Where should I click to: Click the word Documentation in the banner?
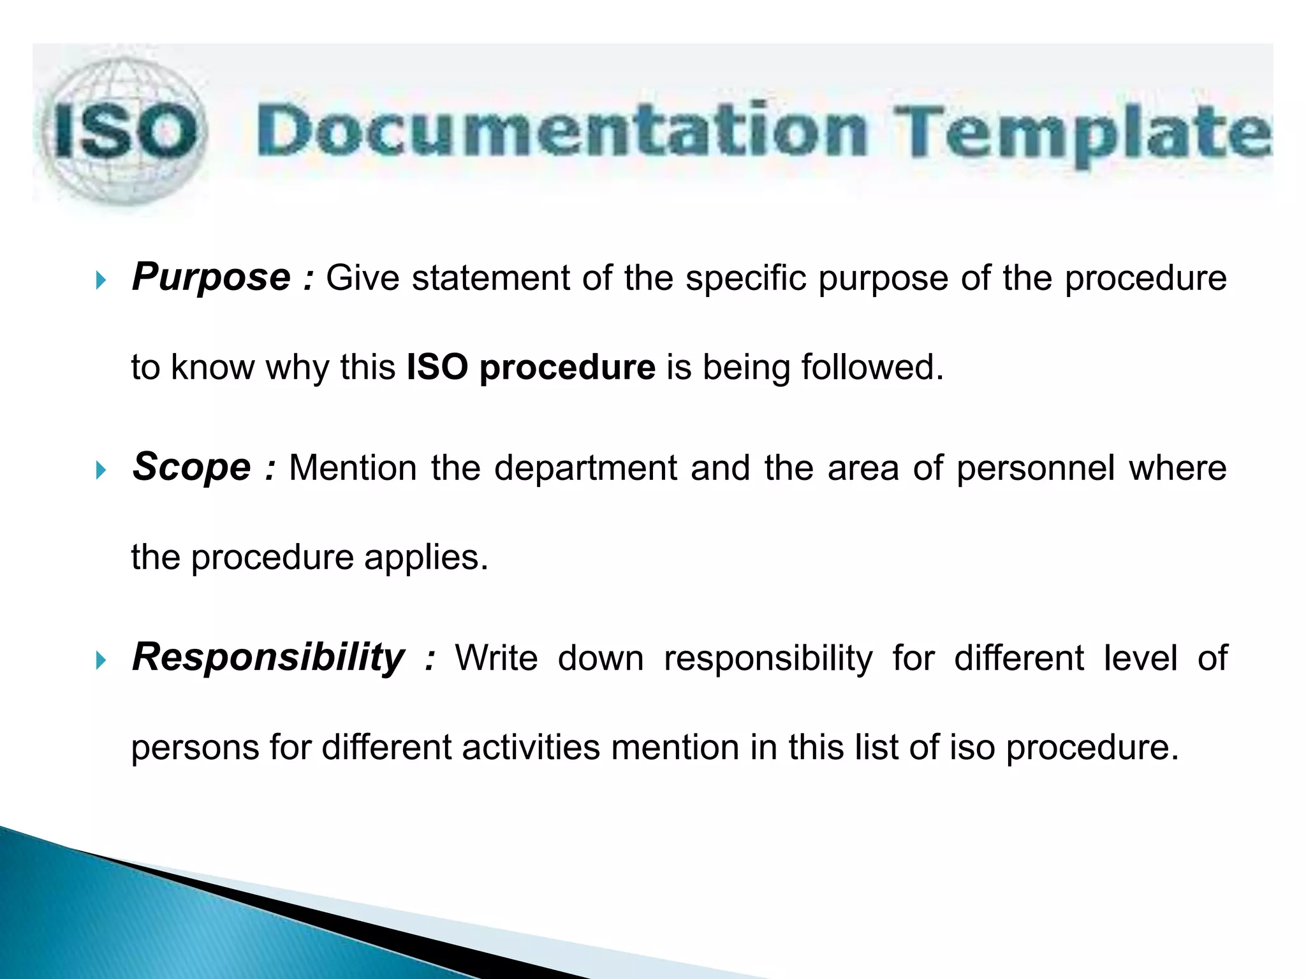click(561, 131)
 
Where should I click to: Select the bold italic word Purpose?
click(211, 278)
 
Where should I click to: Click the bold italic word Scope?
click(191, 467)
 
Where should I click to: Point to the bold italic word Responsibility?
click(268, 657)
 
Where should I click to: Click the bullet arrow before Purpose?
click(101, 280)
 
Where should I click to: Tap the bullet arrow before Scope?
click(101, 470)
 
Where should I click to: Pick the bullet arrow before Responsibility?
click(101, 660)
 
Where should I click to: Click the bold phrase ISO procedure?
click(531, 368)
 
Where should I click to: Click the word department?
click(585, 468)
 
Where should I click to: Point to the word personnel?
click(1035, 468)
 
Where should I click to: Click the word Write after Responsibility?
click(496, 658)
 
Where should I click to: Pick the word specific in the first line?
click(745, 279)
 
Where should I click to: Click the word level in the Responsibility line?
click(1140, 658)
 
